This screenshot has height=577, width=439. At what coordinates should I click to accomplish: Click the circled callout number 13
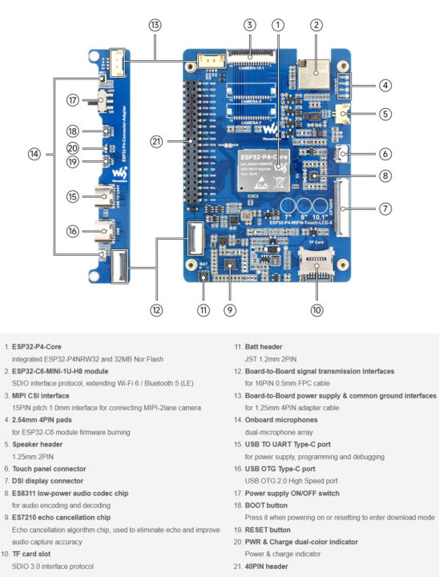pyautogui.click(x=155, y=25)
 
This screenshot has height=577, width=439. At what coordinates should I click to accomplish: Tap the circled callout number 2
pyautogui.click(x=316, y=25)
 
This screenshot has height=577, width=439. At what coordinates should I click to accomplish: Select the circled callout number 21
pyautogui.click(x=157, y=141)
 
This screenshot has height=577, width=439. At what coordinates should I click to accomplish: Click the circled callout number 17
pyautogui.click(x=73, y=101)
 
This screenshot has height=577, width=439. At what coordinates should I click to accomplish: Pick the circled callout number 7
pyautogui.click(x=385, y=209)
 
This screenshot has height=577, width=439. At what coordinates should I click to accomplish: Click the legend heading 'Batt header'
pyautogui.click(x=256, y=347)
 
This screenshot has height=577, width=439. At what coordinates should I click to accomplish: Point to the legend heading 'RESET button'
pyautogui.click(x=268, y=530)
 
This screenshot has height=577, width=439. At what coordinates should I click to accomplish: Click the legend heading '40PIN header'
pyautogui.click(x=266, y=567)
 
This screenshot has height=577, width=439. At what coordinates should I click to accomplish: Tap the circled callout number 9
pyautogui.click(x=230, y=309)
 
